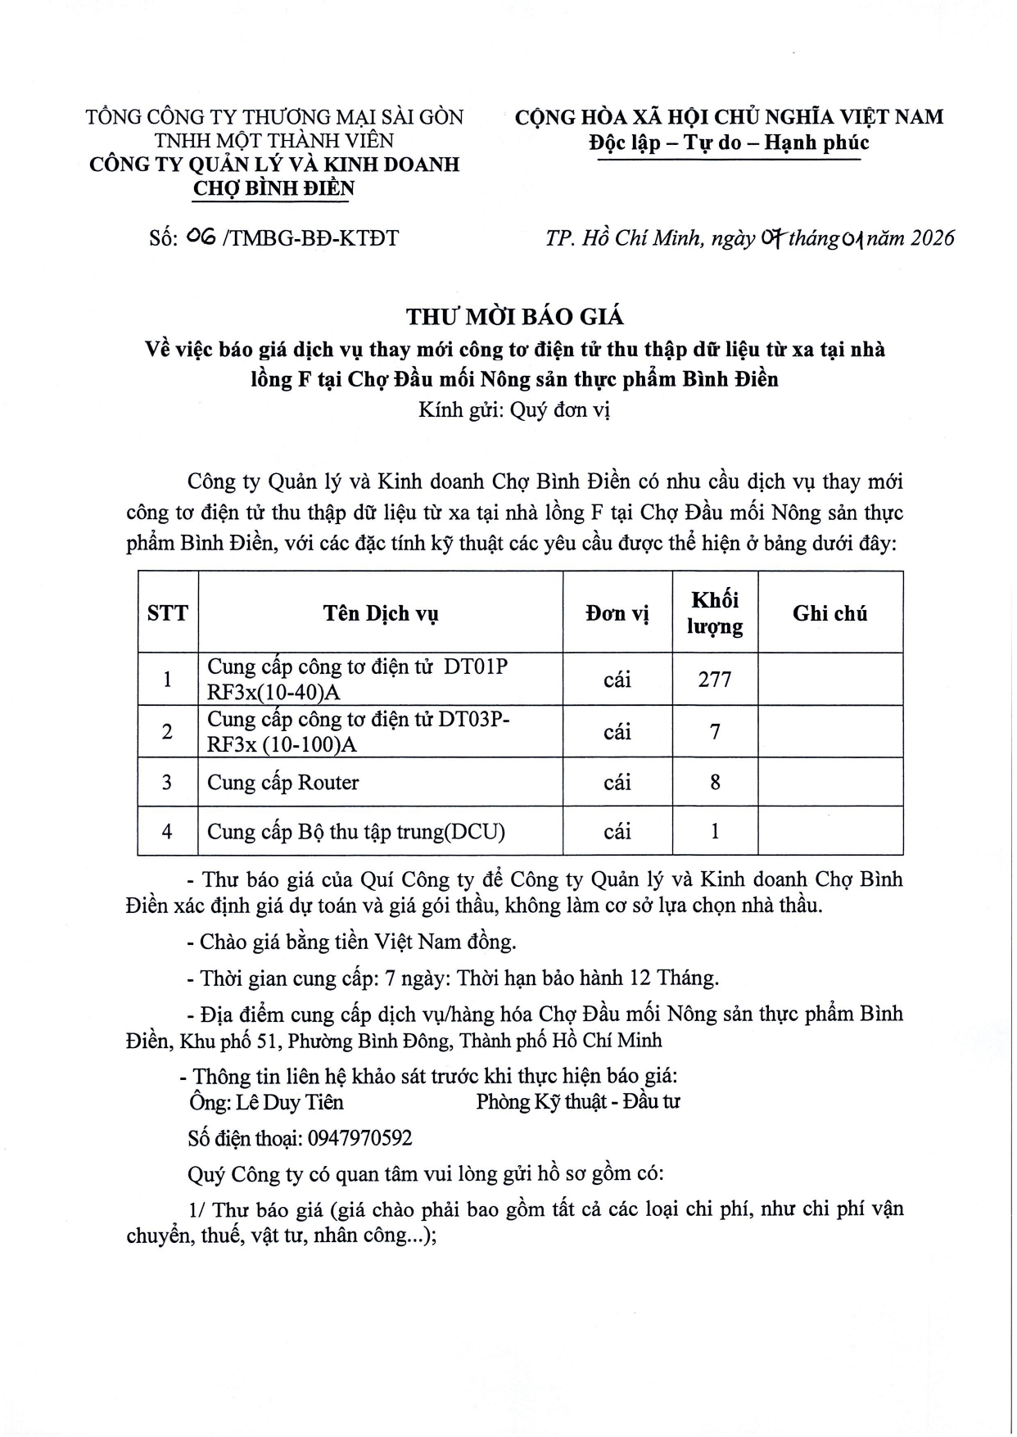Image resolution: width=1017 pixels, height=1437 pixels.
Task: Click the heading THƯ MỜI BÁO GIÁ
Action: pyautogui.click(x=515, y=316)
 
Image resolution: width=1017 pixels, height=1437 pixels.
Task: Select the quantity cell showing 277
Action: pyautogui.click(x=715, y=680)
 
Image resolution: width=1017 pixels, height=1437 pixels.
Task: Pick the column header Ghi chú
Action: pyautogui.click(x=829, y=613)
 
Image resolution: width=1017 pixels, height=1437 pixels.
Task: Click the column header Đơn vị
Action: pyautogui.click(x=617, y=613)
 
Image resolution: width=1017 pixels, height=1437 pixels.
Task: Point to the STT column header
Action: pyautogui.click(x=168, y=613)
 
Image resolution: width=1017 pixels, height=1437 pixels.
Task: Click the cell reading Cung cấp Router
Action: pyautogui.click(x=282, y=783)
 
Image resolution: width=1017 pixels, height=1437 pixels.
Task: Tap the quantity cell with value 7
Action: pyautogui.click(x=715, y=731)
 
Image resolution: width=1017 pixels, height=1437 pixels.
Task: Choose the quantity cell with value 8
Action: pyautogui.click(x=715, y=783)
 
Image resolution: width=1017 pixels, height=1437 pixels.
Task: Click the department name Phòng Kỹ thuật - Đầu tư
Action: pyautogui.click(x=578, y=1102)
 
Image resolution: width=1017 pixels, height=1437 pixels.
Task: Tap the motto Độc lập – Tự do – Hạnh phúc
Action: pyautogui.click(x=729, y=143)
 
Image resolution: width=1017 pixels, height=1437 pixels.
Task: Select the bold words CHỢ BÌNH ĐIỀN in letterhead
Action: pyautogui.click(x=273, y=188)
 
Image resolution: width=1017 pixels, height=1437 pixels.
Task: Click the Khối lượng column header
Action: pyautogui.click(x=715, y=613)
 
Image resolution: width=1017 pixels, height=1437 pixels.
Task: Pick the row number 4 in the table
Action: pyautogui.click(x=168, y=832)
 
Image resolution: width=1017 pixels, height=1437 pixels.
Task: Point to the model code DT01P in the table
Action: pyautogui.click(x=476, y=667)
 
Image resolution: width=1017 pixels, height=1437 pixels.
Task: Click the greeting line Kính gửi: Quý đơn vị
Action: pyautogui.click(x=514, y=409)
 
